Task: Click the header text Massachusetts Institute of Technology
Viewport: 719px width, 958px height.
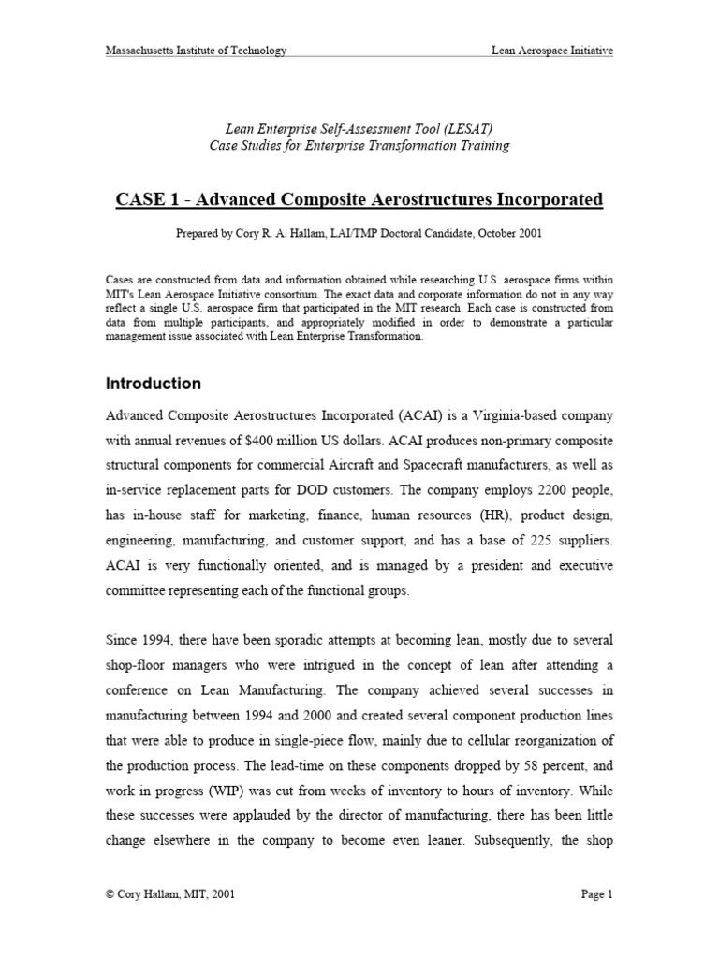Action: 196,51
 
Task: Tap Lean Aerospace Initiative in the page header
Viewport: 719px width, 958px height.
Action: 552,51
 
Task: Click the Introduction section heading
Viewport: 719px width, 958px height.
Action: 153,384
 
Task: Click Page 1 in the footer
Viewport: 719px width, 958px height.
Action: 596,894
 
